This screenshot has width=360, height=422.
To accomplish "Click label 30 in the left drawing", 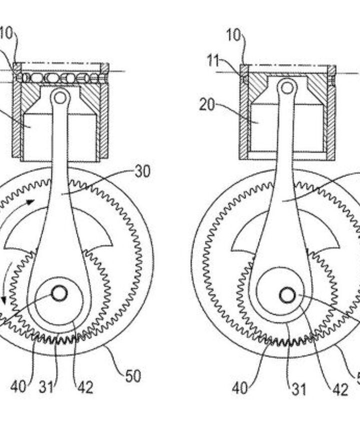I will click(x=142, y=172).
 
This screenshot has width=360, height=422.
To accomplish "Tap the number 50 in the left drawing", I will click(x=132, y=376).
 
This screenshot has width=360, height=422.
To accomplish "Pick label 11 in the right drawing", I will click(x=213, y=61).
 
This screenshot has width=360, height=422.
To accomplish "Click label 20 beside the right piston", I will click(x=207, y=105).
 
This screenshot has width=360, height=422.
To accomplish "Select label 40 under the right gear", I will click(x=240, y=388).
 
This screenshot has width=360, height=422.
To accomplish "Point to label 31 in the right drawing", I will click(x=298, y=388).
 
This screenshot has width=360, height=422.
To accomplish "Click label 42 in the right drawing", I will click(x=340, y=388).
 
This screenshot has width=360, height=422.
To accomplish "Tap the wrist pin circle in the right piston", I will click(x=287, y=87).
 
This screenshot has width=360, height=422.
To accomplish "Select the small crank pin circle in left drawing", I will click(x=59, y=294).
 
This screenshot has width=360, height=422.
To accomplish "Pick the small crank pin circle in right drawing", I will click(x=287, y=296).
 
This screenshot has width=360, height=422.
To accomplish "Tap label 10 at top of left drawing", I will click(x=6, y=34).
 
